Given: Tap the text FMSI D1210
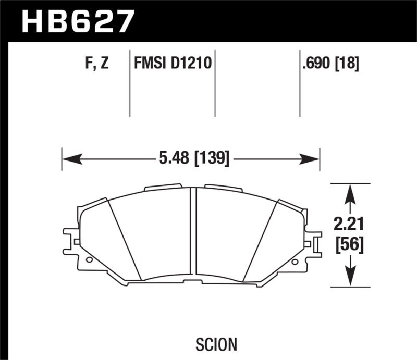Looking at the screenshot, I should click(x=173, y=64).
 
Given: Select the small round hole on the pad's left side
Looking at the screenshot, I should click(x=89, y=259).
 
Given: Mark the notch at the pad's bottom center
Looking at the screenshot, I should click(x=193, y=282).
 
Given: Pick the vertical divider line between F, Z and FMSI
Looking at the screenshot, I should click(x=129, y=83).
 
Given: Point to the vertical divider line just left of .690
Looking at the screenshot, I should click(x=300, y=83).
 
